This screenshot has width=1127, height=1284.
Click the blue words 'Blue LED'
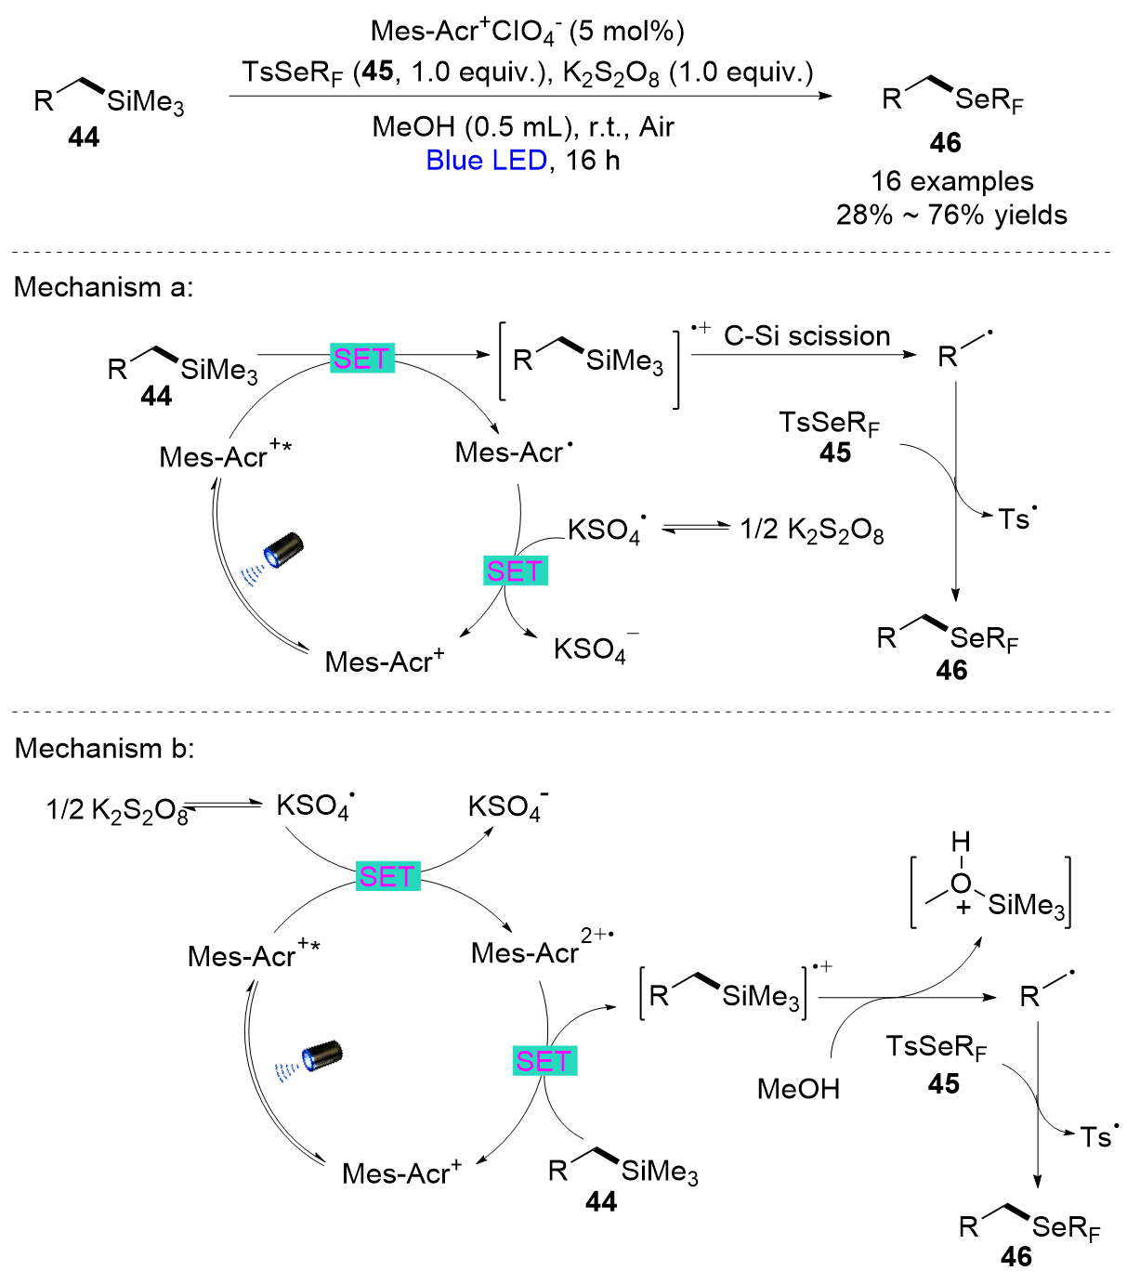tap(485, 161)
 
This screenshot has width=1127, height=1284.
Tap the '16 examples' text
tap(951, 181)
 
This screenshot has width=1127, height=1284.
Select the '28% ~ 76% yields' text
tap(951, 216)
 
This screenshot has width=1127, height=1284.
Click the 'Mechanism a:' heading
tap(103, 287)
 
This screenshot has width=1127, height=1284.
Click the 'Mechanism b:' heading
tap(104, 748)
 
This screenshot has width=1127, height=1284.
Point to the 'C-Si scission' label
tap(806, 336)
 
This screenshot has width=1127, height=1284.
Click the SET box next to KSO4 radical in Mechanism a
tap(516, 571)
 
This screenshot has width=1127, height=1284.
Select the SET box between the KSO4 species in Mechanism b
tap(388, 876)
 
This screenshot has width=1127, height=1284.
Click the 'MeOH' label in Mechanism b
tap(798, 1088)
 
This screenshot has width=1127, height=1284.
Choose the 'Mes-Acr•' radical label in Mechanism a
tap(514, 452)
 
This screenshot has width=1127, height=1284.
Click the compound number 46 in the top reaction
tap(945, 143)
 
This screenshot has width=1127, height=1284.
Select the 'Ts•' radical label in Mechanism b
tap(1099, 1136)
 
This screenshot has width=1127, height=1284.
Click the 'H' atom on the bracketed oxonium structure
tap(961, 842)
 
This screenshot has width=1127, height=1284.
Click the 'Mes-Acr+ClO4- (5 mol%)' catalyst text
tap(527, 32)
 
